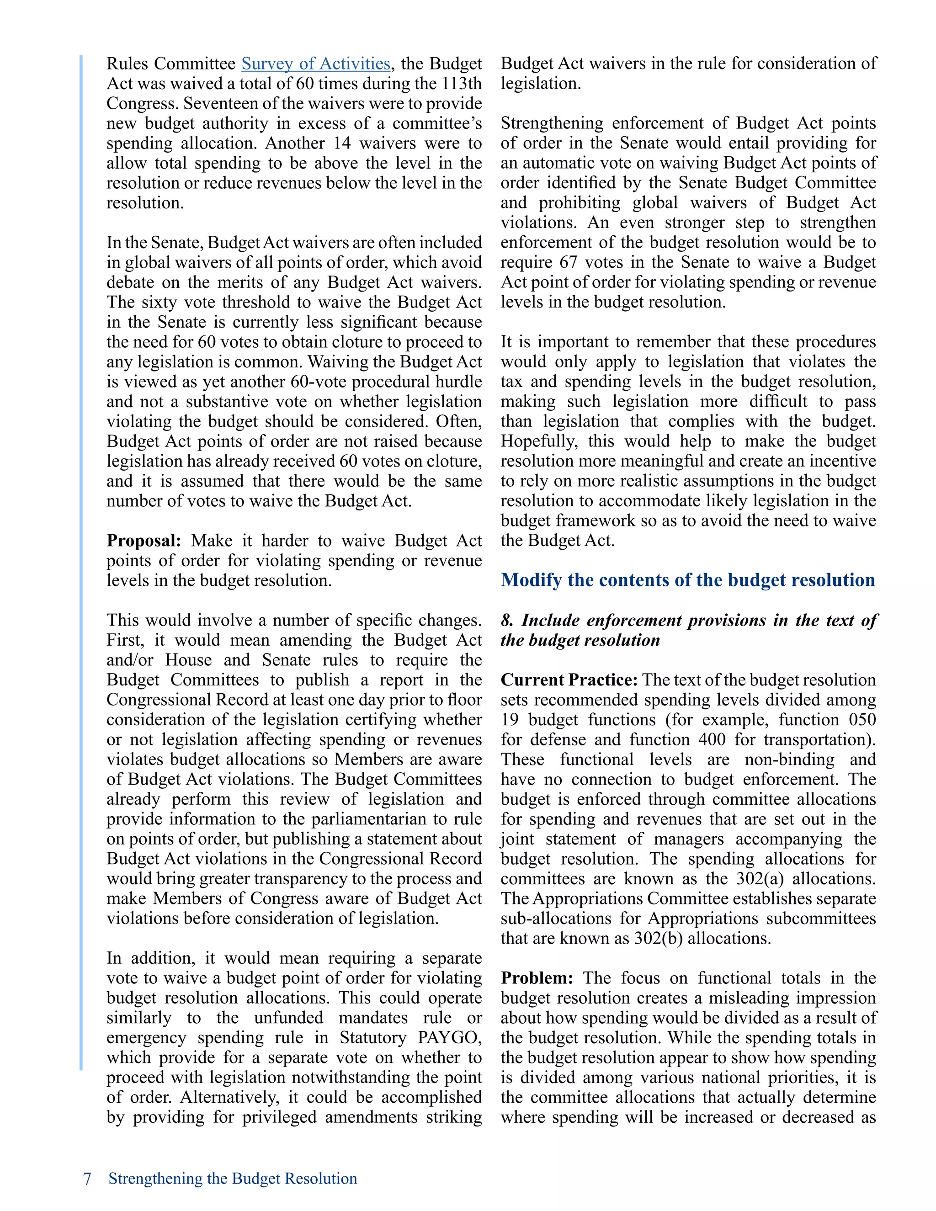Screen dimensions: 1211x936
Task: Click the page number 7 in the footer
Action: pos(87,1178)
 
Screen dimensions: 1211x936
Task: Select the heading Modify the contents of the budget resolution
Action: pos(687,580)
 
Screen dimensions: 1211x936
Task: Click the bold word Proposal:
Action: pos(144,541)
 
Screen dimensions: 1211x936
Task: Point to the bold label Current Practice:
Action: pos(569,680)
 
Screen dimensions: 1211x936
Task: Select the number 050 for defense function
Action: pos(862,720)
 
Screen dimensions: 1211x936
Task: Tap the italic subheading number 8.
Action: pos(506,621)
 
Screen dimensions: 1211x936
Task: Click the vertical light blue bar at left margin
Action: pos(81,554)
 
